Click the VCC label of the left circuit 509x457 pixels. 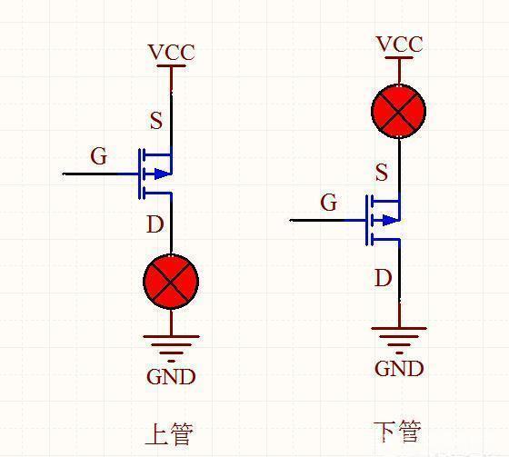coord(171,53)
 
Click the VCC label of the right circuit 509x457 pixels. coord(399,45)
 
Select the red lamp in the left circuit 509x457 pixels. coord(171,281)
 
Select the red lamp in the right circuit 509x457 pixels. coord(399,112)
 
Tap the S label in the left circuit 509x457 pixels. coord(155,121)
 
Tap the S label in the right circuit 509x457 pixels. coord(381,173)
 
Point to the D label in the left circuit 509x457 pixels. coord(155,224)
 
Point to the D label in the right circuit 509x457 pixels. coord(383,278)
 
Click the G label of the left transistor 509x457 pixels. coord(98,156)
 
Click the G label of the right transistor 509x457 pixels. coord(328,203)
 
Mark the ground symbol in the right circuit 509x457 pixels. coord(399,337)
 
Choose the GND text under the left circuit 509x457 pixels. coord(171,376)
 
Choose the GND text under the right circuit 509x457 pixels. coord(399,368)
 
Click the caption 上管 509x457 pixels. coord(169,433)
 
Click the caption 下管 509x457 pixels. coord(398,431)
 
